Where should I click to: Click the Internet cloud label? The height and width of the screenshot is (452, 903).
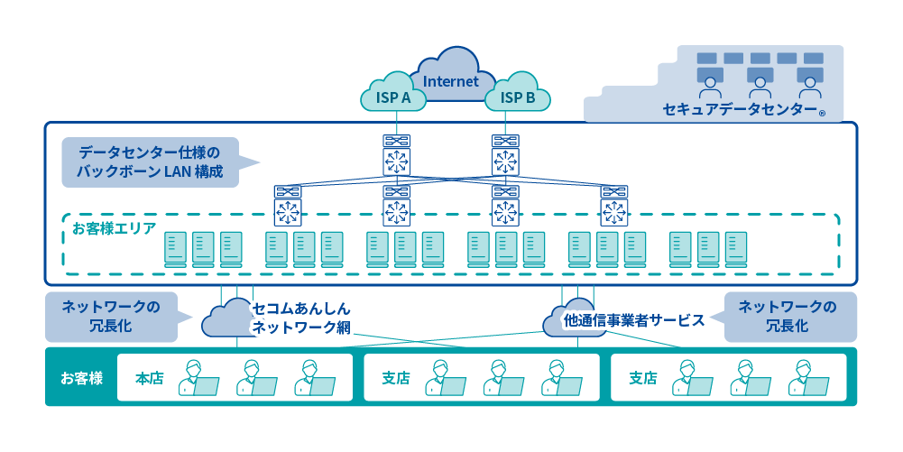point(450,81)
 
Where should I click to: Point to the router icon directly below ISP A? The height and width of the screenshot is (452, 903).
point(395,156)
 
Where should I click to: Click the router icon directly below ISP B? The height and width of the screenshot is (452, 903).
point(504,156)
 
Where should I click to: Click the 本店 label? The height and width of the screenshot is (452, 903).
point(149,378)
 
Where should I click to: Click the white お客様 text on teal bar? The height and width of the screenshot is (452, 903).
point(81,378)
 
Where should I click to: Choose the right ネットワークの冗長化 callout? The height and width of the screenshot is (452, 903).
point(787,316)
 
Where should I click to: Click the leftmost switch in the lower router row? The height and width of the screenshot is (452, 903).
point(289,207)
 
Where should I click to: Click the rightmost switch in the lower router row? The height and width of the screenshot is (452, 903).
point(614,207)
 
